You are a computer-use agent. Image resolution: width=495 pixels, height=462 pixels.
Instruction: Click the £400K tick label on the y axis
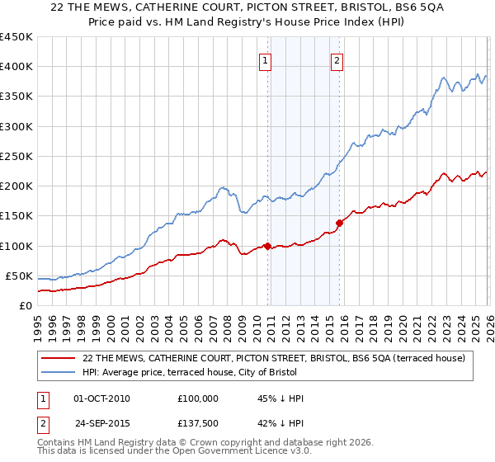pyautogui.click(x=16, y=67)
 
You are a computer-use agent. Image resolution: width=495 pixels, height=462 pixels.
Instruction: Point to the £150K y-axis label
pyautogui.click(x=16, y=216)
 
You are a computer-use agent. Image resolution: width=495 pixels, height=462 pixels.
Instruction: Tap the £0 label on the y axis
pyautogui.click(x=26, y=305)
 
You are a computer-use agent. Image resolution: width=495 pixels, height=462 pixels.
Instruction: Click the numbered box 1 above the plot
pyautogui.click(x=265, y=59)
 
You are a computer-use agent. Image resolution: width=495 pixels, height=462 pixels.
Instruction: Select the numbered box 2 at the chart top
pyautogui.click(x=337, y=59)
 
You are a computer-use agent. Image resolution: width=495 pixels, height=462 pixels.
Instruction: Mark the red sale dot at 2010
pyautogui.click(x=268, y=246)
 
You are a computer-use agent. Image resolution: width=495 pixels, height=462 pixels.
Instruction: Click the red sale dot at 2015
pyautogui.click(x=339, y=223)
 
